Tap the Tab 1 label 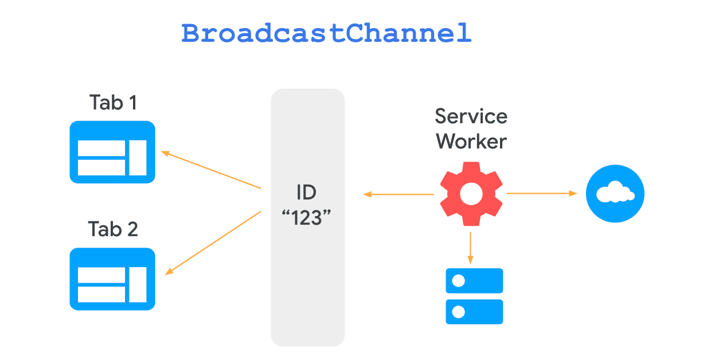[x=113, y=103]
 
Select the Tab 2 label [x=113, y=229]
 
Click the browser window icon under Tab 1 [x=112, y=152]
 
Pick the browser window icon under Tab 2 [x=112, y=279]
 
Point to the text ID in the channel [x=307, y=192]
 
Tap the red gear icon [x=471, y=194]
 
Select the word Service [x=471, y=116]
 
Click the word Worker [x=471, y=141]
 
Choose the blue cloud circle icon [x=615, y=194]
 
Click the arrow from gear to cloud [x=541, y=194]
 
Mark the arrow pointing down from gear [x=470, y=246]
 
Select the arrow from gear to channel [x=399, y=195]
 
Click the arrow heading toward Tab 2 [x=213, y=243]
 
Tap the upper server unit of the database [x=474, y=281]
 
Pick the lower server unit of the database [x=474, y=312]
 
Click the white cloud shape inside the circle [x=615, y=194]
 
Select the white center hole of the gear [x=471, y=194]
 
